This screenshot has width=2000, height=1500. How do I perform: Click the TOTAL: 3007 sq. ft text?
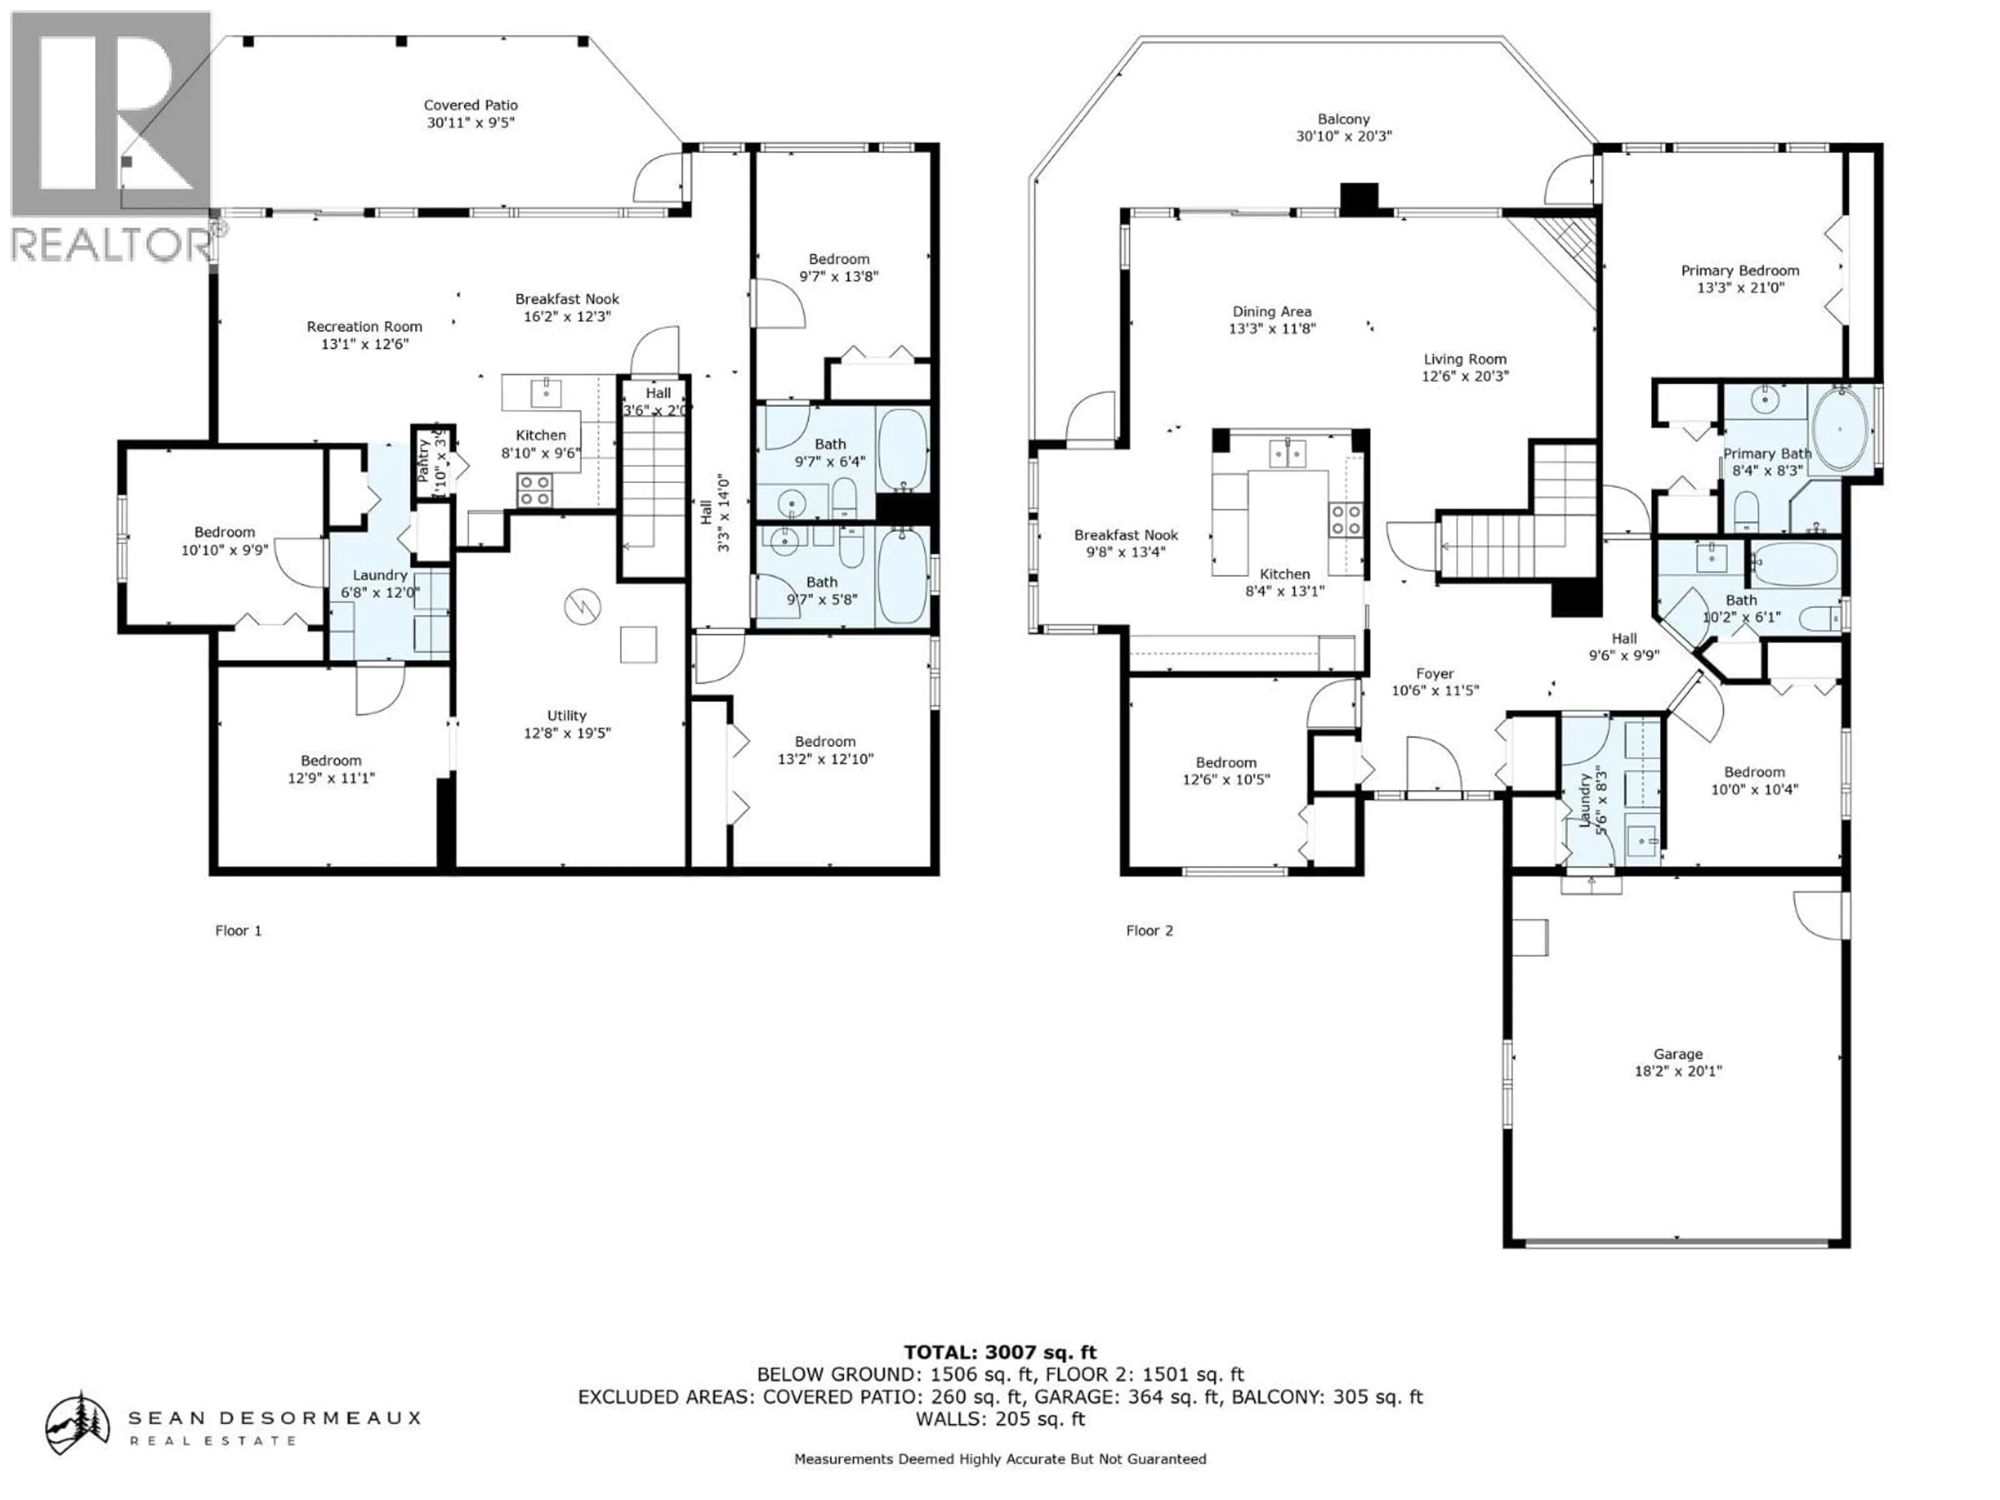(x=1000, y=1353)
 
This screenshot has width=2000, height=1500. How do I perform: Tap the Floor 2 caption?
(x=1148, y=930)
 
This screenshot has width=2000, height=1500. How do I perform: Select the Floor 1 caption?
(x=238, y=930)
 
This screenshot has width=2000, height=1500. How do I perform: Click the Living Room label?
(x=1465, y=359)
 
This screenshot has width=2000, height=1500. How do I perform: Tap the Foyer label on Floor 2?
(x=1435, y=673)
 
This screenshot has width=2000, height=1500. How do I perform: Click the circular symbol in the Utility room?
(x=582, y=607)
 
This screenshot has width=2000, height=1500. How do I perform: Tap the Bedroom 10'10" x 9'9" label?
(x=224, y=532)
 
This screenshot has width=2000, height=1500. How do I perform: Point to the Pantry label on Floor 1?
(x=423, y=459)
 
